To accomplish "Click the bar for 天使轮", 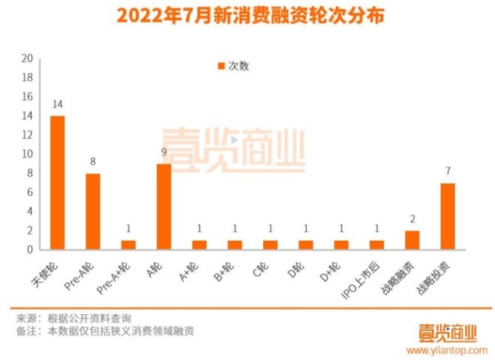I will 57,182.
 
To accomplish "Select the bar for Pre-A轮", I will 92,211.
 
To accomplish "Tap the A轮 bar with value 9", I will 163,206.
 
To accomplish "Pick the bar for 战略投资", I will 448,216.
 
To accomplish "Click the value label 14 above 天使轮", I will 57,104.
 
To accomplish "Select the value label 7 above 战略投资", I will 448,172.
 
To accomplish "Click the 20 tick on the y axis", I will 27,58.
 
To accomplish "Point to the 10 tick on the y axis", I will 27,154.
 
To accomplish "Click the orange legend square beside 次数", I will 220,66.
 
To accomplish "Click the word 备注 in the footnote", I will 26,331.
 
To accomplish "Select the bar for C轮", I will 270,244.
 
